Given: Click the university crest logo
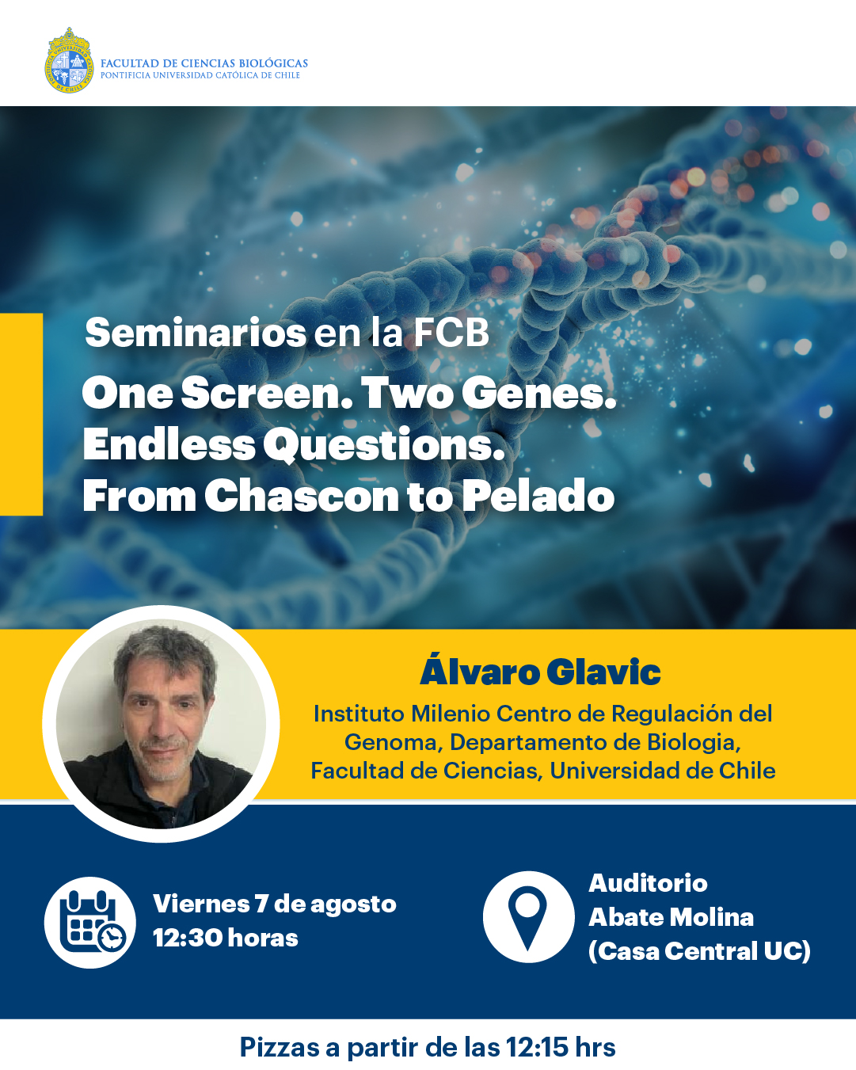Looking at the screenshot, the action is pyautogui.click(x=69, y=60).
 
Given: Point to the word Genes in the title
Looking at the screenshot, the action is pyautogui.click(x=539, y=393).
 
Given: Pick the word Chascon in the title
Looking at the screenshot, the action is pyautogui.click(x=302, y=496).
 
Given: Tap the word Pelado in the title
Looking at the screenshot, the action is pyautogui.click(x=538, y=496).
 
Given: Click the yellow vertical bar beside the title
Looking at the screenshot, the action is pyautogui.click(x=21, y=414).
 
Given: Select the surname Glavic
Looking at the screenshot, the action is pyautogui.click(x=603, y=672).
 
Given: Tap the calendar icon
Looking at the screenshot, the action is pyautogui.click(x=90, y=923).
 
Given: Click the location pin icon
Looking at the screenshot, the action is pyautogui.click(x=528, y=917).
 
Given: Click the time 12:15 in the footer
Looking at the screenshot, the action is pyautogui.click(x=537, y=1047).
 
